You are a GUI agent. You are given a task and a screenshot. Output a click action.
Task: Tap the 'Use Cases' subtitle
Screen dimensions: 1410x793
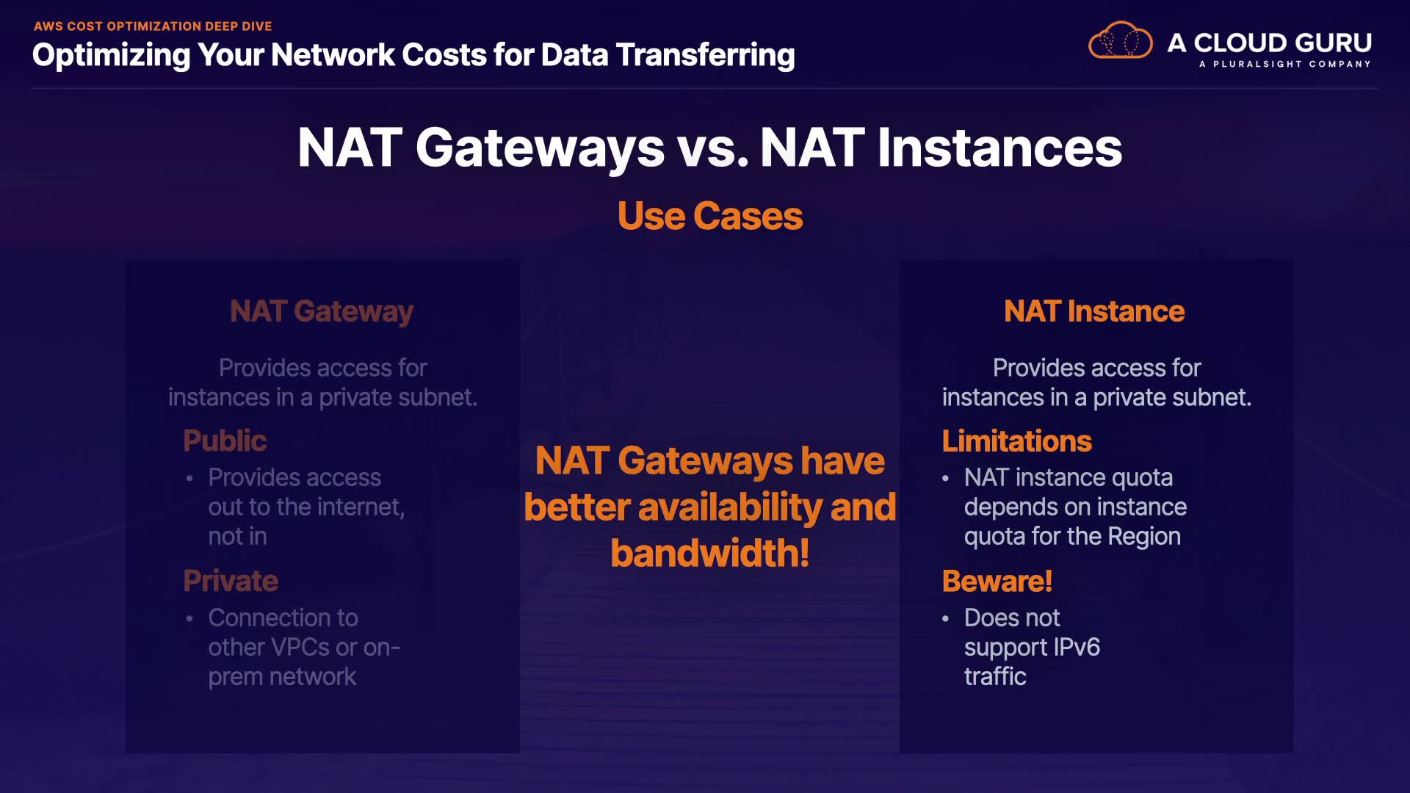(710, 216)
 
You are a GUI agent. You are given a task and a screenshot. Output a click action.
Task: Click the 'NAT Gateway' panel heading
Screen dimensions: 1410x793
(322, 311)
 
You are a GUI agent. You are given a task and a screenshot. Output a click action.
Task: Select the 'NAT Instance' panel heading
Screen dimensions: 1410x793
(1094, 311)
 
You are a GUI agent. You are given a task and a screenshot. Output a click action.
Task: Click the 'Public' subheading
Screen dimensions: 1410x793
(225, 441)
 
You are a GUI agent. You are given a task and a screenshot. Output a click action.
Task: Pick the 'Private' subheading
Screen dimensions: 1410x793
(231, 581)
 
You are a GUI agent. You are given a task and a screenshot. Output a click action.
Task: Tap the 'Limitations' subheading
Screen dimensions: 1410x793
(1017, 441)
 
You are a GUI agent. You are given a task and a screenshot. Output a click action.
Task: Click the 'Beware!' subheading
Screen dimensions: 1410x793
(997, 581)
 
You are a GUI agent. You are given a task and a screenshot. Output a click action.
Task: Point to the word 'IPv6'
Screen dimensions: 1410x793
(1077, 647)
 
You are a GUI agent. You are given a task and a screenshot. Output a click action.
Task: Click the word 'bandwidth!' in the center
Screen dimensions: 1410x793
(710, 553)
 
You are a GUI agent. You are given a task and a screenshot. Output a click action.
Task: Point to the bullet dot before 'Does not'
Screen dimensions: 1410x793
(946, 618)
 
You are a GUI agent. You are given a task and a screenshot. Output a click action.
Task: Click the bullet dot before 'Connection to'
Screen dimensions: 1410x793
(189, 618)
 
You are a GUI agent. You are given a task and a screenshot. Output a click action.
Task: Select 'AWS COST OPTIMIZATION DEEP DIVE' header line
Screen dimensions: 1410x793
(153, 26)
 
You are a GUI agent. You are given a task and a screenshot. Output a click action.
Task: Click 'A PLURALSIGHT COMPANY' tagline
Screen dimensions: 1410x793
(1285, 64)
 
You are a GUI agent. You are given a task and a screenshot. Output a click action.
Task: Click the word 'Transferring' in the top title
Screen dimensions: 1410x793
(705, 55)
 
